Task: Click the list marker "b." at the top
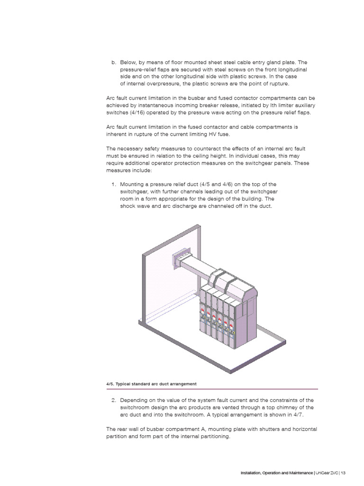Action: [x=114, y=62]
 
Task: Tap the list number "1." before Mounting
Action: [x=114, y=184]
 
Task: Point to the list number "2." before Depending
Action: [x=114, y=400]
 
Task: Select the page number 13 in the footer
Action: [x=343, y=472]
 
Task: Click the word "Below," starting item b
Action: [x=129, y=62]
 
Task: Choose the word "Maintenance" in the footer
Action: [x=296, y=472]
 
